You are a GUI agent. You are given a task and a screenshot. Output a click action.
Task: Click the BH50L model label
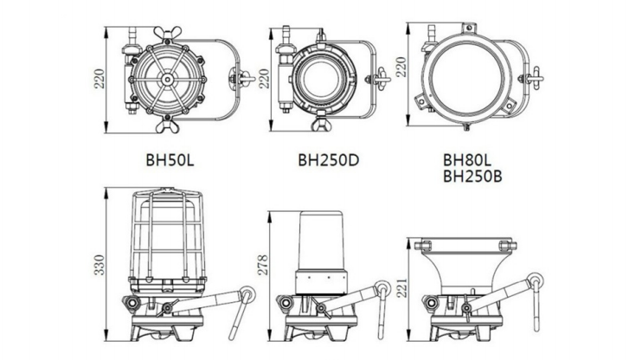click(x=170, y=160)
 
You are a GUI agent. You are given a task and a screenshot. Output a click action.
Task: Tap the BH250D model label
click(x=328, y=160)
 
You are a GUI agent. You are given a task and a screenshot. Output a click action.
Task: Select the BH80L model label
click(x=467, y=160)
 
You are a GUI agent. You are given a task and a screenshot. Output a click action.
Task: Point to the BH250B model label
click(x=472, y=177)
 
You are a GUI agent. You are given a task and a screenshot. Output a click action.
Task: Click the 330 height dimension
click(x=99, y=265)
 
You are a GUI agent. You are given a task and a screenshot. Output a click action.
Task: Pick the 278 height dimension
click(x=263, y=265)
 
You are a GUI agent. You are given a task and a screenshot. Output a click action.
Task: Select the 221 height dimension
click(x=401, y=287)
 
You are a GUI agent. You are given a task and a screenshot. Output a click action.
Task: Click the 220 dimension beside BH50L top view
click(x=99, y=79)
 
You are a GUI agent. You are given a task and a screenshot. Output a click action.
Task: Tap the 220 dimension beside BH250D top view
click(x=263, y=79)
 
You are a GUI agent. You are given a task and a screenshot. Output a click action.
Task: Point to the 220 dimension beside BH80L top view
click(x=401, y=67)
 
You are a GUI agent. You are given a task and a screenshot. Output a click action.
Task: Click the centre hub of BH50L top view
click(x=167, y=80)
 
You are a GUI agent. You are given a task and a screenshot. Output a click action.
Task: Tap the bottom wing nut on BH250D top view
click(x=322, y=124)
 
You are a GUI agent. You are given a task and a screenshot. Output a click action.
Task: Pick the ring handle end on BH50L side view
click(x=248, y=293)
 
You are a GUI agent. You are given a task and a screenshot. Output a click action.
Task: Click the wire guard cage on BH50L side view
click(x=167, y=235)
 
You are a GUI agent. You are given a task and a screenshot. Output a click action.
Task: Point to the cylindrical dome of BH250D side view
click(x=322, y=241)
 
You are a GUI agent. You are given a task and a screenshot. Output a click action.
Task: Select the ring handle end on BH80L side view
click(x=536, y=280)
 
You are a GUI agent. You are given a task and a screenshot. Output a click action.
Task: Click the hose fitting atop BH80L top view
click(x=432, y=33)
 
